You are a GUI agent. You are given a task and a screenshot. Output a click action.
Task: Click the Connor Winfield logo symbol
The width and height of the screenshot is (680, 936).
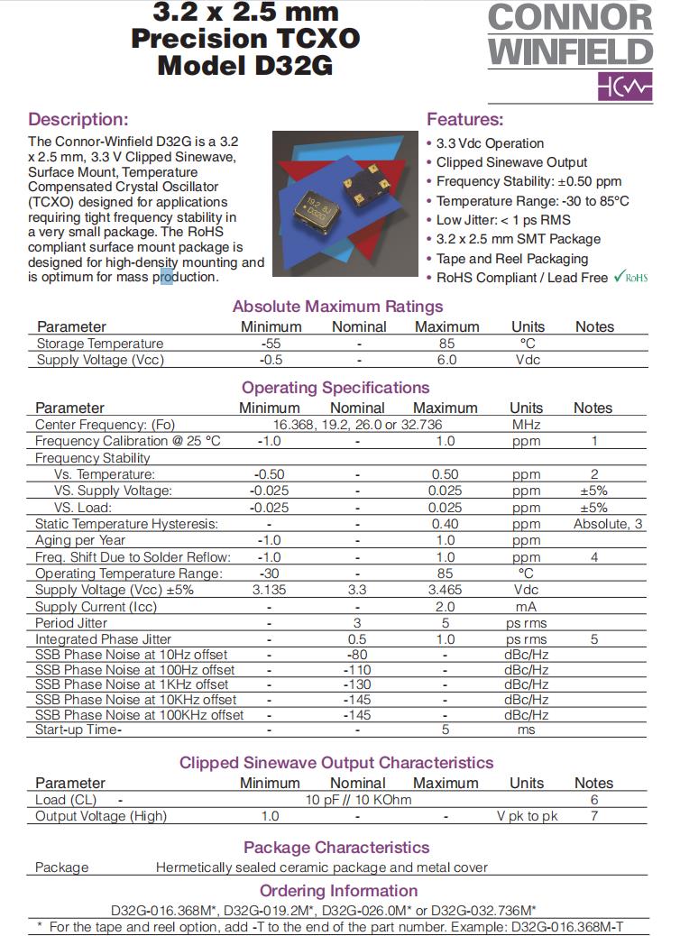[x=623, y=87]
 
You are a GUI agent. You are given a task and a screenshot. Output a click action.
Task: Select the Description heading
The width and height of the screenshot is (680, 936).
[x=78, y=119]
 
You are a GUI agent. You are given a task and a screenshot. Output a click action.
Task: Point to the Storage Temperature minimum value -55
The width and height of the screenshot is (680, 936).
[x=271, y=344]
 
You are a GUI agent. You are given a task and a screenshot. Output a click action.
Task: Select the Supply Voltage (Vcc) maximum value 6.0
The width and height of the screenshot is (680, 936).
[x=446, y=360]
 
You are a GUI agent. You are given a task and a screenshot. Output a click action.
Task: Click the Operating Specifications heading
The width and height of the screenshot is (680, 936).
[x=335, y=388]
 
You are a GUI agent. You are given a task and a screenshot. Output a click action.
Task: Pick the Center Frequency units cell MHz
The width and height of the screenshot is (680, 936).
[x=526, y=425]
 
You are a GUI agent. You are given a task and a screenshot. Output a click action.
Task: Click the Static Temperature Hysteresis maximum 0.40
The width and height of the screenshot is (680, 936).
[x=446, y=524]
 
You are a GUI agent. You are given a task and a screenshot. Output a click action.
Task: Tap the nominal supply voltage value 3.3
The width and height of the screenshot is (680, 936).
[x=358, y=590]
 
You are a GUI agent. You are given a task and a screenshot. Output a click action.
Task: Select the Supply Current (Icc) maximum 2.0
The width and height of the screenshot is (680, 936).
[x=446, y=607]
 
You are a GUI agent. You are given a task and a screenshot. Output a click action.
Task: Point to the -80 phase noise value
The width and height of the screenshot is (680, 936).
[x=358, y=655]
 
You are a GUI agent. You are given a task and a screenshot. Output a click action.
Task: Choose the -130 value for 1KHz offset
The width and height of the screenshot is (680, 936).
[x=358, y=685]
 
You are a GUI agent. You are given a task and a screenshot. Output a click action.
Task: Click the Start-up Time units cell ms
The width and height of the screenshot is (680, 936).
[x=526, y=730]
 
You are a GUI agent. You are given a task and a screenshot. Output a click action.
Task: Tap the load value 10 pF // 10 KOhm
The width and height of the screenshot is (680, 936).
[x=358, y=800]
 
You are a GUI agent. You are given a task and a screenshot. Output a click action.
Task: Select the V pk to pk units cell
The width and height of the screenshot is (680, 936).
[x=527, y=816]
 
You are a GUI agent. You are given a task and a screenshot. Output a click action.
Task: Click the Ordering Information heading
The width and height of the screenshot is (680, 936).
[x=338, y=892]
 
